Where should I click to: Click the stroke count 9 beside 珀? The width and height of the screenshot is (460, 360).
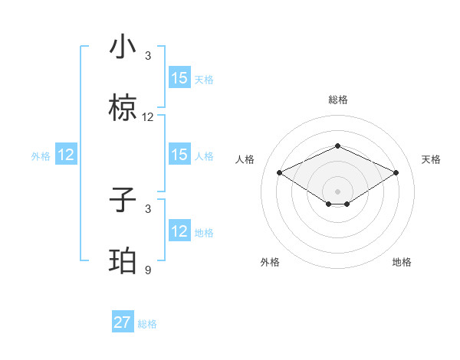(x=148, y=270)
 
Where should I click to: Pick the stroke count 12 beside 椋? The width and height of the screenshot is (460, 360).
(x=148, y=117)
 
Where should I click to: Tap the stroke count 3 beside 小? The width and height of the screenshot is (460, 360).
(x=148, y=56)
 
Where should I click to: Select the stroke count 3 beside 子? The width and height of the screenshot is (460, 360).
(x=148, y=208)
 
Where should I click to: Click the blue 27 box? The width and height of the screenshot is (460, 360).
(x=123, y=322)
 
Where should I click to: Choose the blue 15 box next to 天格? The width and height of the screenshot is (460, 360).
(x=179, y=78)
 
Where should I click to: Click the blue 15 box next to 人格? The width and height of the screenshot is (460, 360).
(x=179, y=155)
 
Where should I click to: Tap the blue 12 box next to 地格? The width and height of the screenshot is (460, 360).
(x=179, y=231)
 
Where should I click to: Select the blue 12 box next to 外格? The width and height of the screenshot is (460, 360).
(x=66, y=155)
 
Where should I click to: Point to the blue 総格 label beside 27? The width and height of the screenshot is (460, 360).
(x=147, y=324)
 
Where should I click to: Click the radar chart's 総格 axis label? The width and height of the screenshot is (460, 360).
(x=337, y=100)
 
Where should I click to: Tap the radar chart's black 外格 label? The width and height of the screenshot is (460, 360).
(x=270, y=262)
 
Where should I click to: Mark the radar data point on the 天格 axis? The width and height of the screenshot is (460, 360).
(x=396, y=173)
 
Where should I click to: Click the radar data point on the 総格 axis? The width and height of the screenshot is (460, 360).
(x=337, y=146)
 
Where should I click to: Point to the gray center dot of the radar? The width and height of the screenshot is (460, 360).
(x=337, y=190)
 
